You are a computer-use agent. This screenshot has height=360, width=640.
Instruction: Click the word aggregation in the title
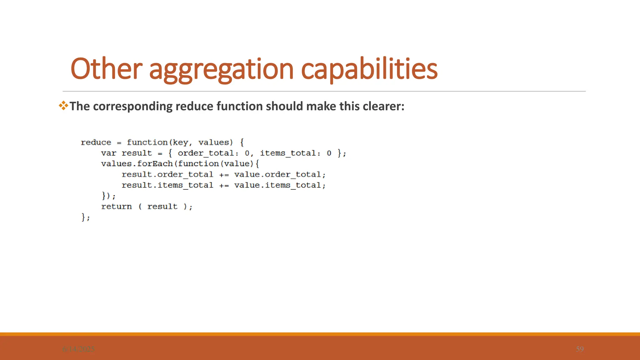(x=221, y=69)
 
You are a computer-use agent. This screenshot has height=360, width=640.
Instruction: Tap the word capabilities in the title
(x=369, y=69)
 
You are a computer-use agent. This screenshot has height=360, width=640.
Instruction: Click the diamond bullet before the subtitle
(x=63, y=106)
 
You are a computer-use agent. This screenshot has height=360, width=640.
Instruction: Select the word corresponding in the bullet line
(x=132, y=106)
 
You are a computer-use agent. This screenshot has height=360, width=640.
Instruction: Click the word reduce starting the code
(x=96, y=142)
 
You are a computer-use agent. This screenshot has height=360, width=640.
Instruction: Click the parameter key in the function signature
(x=181, y=142)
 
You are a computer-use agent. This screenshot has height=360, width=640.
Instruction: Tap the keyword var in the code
(x=108, y=153)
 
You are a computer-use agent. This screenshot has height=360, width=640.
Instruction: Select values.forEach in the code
(x=137, y=164)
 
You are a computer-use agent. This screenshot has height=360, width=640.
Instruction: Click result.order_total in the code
(x=167, y=174)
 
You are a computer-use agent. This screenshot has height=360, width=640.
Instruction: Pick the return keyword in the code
(x=116, y=207)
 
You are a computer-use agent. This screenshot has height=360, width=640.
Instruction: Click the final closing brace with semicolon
(x=85, y=217)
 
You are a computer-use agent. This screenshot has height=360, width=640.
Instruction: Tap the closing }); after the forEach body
(x=108, y=196)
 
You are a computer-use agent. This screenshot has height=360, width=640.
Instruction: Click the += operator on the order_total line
(x=224, y=175)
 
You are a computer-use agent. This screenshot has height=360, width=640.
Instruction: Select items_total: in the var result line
(x=290, y=153)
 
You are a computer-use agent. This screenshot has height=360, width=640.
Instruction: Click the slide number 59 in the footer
(x=580, y=349)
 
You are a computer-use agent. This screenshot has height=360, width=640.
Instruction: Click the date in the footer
(x=78, y=349)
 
